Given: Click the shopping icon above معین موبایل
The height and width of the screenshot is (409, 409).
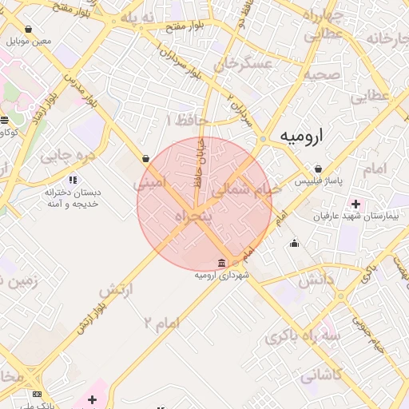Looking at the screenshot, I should [28, 30].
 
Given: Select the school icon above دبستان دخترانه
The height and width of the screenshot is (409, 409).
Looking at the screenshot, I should [73, 181].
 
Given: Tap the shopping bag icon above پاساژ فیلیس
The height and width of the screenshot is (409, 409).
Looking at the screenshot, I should [319, 169].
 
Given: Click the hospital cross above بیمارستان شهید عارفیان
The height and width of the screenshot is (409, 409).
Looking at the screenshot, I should [355, 204].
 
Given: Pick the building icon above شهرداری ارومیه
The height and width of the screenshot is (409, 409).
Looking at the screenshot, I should [222, 264].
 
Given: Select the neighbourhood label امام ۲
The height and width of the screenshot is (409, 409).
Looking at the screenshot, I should [162, 322].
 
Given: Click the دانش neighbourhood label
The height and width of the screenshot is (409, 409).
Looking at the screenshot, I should [316, 281].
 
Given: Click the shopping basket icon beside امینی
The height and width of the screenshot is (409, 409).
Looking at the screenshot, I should [145, 158].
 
